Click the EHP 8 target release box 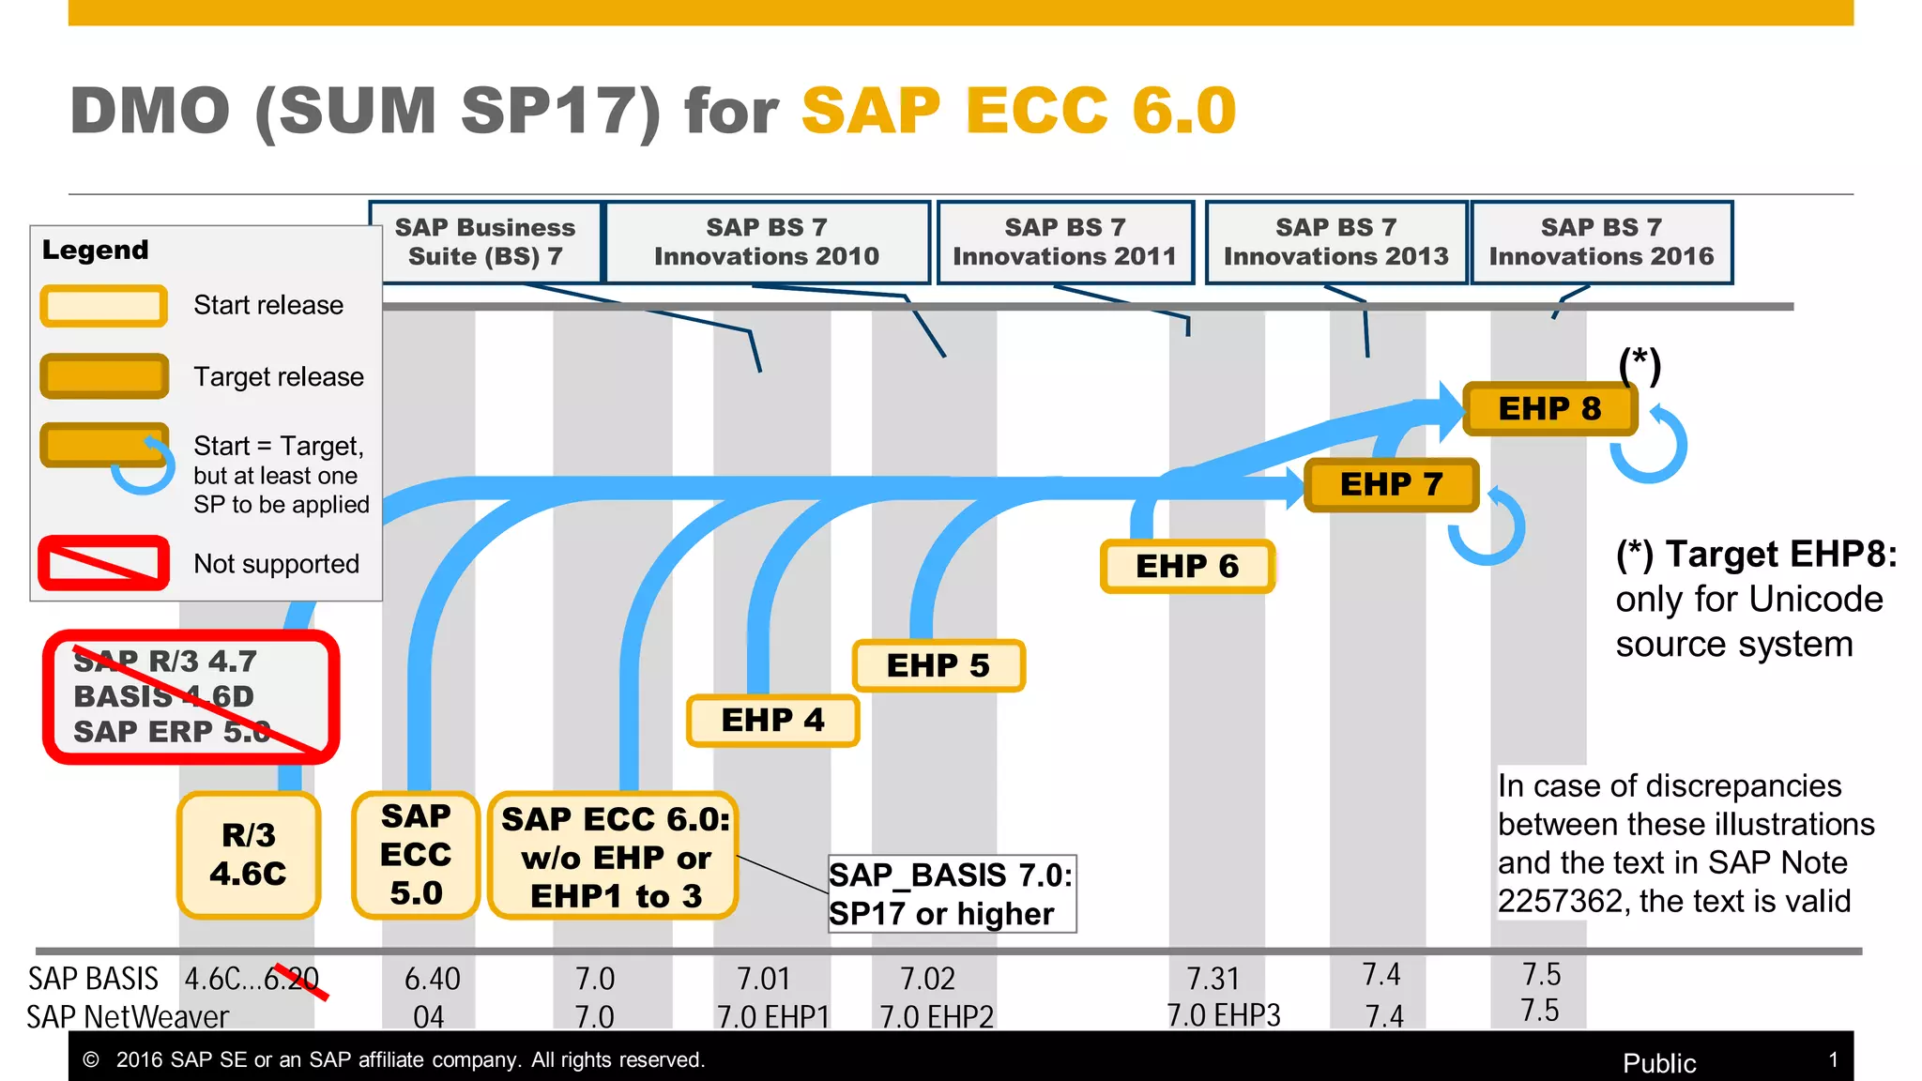[x=1550, y=409]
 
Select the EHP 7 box [x=1392, y=484]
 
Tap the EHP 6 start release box [x=1187, y=567]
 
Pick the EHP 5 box [x=938, y=665]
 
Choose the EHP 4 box [x=772, y=721]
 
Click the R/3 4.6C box [x=249, y=855]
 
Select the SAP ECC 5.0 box [x=416, y=855]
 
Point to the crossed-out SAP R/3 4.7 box [x=191, y=696]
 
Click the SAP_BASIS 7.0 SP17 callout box [x=951, y=894]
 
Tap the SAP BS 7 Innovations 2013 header [x=1335, y=242]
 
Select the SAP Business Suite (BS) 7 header [x=485, y=242]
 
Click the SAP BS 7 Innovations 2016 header [x=1601, y=242]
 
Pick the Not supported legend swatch [x=104, y=563]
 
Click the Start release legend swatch [x=104, y=306]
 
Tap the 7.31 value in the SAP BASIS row [x=1213, y=979]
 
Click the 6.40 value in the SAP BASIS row [x=432, y=979]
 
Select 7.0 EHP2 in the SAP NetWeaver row [x=936, y=1017]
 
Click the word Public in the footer [x=1659, y=1063]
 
